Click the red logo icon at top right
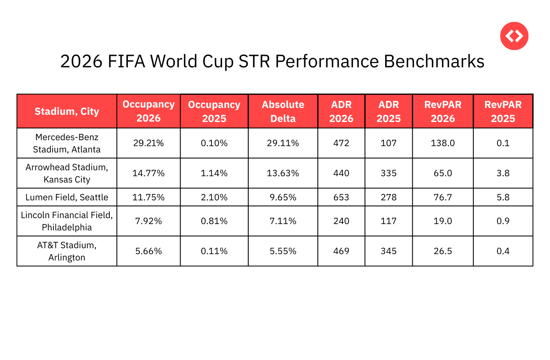coord(514,36)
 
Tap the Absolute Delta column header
coord(283,111)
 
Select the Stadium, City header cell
coord(67,111)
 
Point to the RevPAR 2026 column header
coord(442,111)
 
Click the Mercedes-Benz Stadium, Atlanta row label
coord(67,143)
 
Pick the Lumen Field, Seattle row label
coord(67,197)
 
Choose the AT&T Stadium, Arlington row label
coord(67,251)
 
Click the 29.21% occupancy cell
coord(148,143)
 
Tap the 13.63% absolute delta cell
coord(283,173)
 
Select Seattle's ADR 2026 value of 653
coord(341,197)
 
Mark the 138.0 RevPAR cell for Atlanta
coord(442,143)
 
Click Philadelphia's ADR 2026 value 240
coord(341,221)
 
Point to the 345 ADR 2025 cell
coord(388,251)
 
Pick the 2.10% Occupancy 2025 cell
coord(214,197)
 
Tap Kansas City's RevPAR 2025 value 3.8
coord(503,173)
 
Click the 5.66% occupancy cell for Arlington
coord(148,251)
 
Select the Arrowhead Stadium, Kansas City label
coord(67,173)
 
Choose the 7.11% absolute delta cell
coord(283,221)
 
